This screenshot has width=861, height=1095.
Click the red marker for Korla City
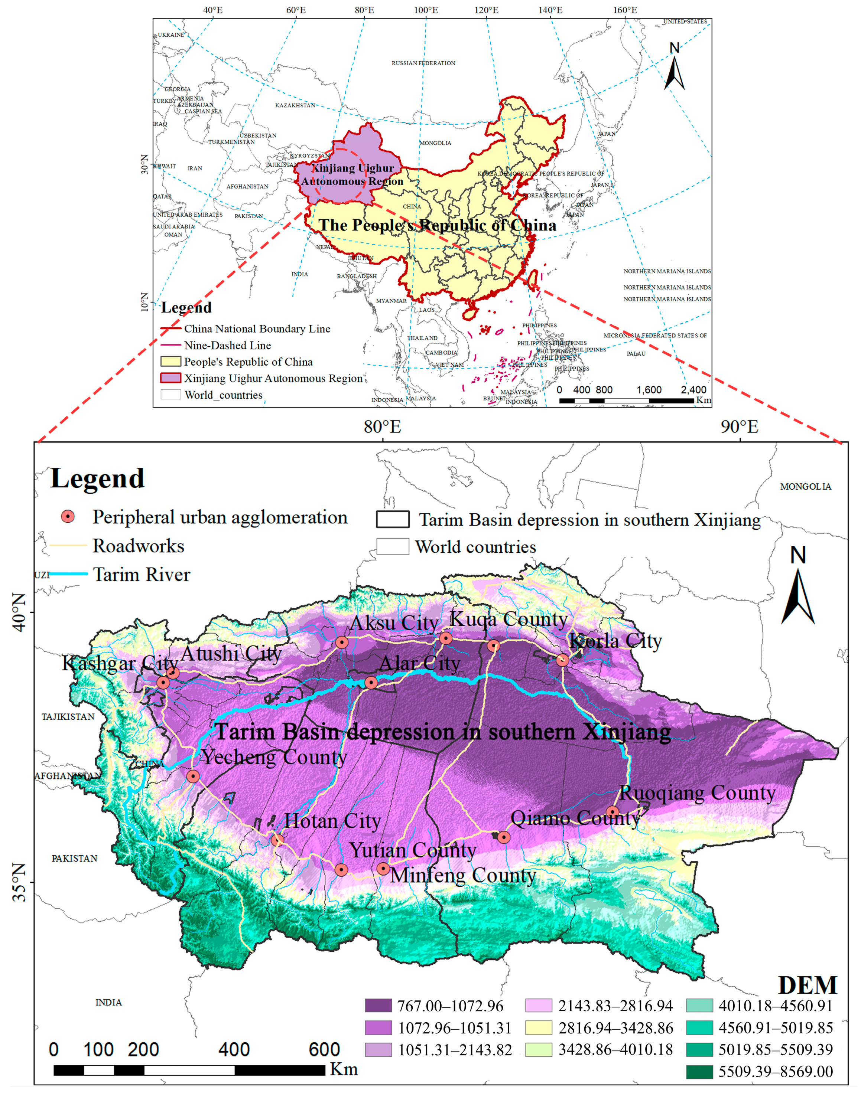563,660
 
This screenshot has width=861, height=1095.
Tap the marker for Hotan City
277,840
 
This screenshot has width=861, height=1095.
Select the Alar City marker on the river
371,683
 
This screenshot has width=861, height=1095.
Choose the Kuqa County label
508,619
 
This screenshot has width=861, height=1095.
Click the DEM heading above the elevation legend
808,985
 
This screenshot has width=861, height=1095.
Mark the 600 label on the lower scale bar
324,1050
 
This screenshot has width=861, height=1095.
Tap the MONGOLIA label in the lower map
806,487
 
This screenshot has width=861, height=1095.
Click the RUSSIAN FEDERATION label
423,63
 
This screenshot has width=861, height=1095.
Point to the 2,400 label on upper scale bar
693,390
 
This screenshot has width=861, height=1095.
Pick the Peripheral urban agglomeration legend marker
68,516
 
